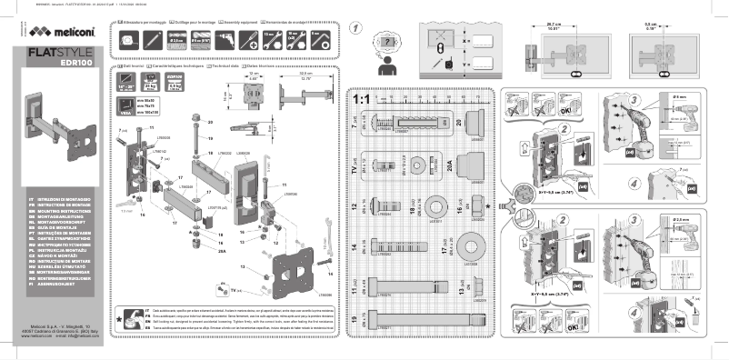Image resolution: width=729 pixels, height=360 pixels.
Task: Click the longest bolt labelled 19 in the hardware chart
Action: coord(409,323)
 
